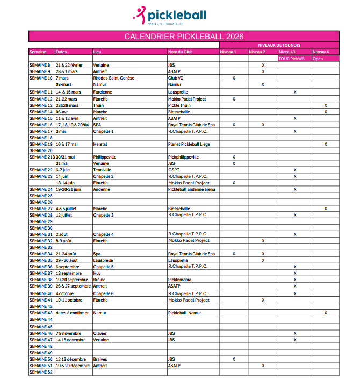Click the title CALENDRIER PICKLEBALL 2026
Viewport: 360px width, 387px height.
pyautogui.click(x=184, y=37)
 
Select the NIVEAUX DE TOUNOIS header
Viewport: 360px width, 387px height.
pyautogui.click(x=279, y=45)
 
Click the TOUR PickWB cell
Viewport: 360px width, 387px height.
pyautogui.click(x=292, y=58)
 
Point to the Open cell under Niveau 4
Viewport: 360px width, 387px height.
pyautogui.click(x=318, y=58)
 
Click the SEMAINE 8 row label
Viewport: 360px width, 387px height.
pyautogui.click(x=40, y=65)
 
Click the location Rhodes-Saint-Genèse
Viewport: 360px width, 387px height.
pyautogui.click(x=113, y=78)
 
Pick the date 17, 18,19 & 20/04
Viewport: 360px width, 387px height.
pyautogui.click(x=73, y=125)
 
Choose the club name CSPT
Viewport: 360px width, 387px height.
pyautogui.click(x=174, y=170)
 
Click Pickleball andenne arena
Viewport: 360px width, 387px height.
pyautogui.click(x=192, y=189)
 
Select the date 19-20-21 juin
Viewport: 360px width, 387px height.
pyautogui.click(x=68, y=189)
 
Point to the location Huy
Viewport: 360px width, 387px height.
pyautogui.click(x=97, y=273)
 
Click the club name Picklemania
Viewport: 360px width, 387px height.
pyautogui.click(x=180, y=279)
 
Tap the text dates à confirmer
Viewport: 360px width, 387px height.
pyautogui.click(x=73, y=313)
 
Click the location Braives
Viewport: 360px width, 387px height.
pyautogui.click(x=100, y=359)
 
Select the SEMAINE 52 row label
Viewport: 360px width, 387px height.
pyautogui.click(x=41, y=372)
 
